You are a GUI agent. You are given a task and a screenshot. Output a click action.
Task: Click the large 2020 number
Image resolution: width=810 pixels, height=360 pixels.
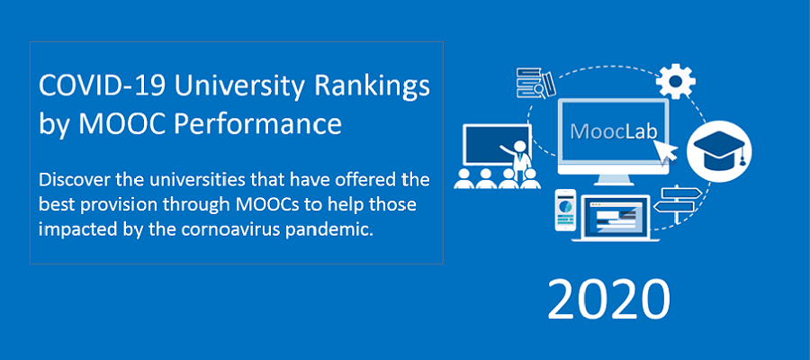pos(608,300)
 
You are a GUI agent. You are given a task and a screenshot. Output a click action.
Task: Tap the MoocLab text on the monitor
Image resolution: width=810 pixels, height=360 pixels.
pos(614,131)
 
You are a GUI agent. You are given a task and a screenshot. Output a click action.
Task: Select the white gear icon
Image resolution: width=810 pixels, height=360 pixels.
pos(675,81)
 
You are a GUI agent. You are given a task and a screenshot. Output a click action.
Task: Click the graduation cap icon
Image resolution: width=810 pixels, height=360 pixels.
pos(719,151)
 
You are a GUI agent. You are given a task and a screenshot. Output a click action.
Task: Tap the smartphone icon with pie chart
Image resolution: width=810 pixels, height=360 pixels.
pos(564,210)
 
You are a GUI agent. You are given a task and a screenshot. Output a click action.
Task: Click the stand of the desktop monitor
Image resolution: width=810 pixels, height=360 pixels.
pos(614,179)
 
